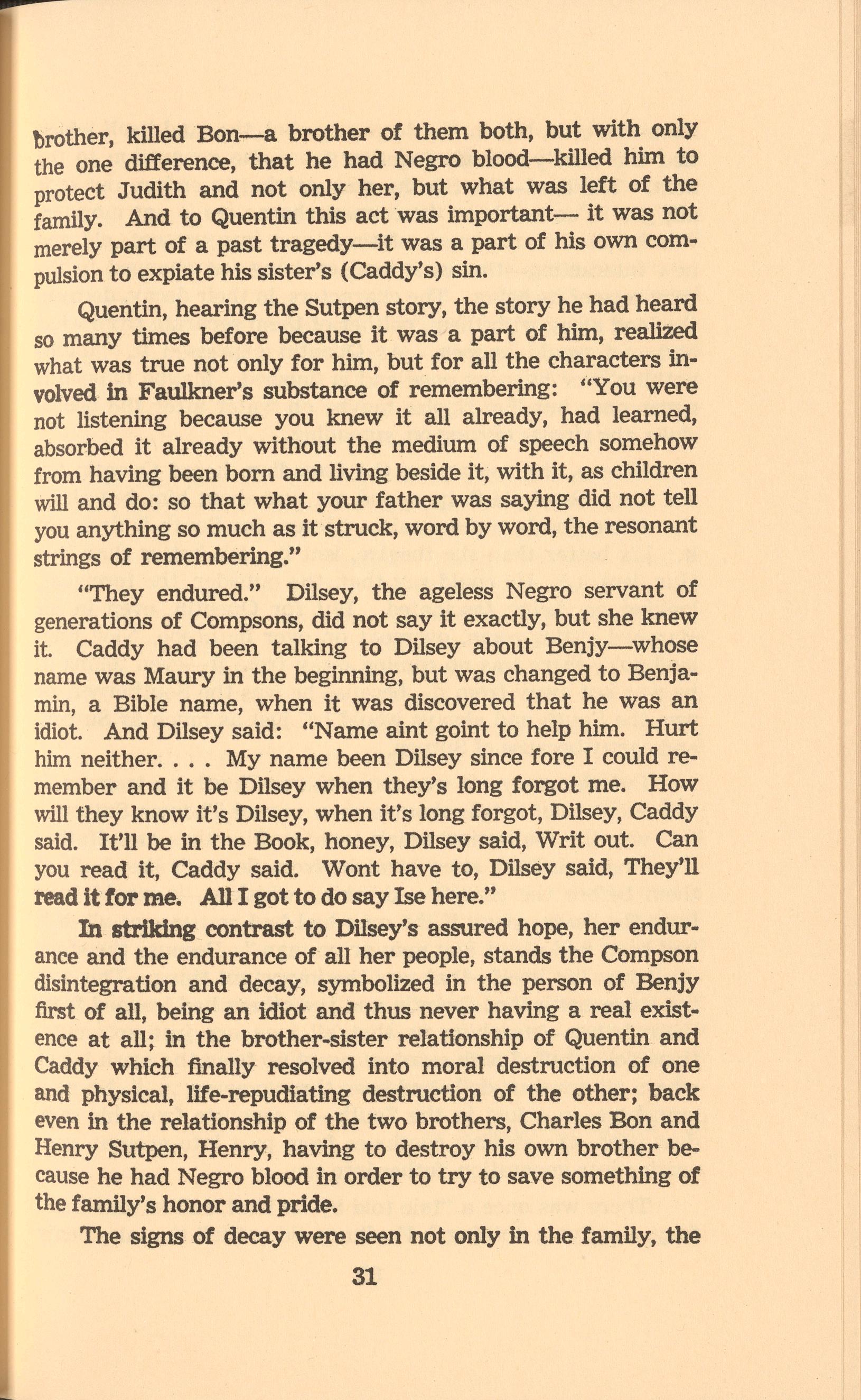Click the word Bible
tap(141, 704)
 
